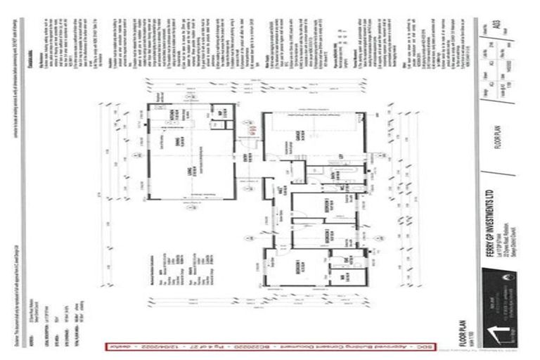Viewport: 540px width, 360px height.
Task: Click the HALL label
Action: point(280,192)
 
